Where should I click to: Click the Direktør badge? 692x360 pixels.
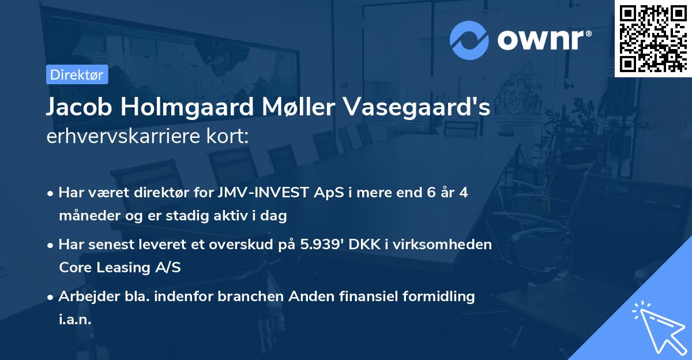(77, 74)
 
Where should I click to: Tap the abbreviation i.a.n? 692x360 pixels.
(75, 320)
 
